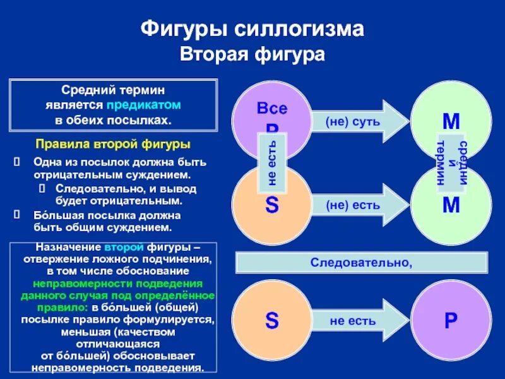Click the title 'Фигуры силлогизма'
252,30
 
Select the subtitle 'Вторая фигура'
252,55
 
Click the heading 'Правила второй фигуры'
113,143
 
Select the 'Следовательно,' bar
362,262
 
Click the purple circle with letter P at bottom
451,320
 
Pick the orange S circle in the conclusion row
271,320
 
